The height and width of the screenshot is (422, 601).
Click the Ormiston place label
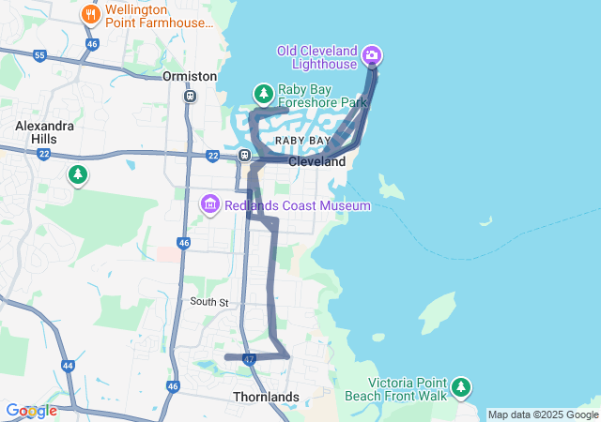(x=190, y=76)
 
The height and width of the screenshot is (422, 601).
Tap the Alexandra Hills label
(x=37, y=132)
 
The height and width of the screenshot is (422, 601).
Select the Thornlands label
(x=266, y=397)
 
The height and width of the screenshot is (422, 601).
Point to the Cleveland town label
(x=316, y=161)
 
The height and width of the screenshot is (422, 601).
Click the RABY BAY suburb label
(x=302, y=141)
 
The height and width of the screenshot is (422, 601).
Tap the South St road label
(x=208, y=302)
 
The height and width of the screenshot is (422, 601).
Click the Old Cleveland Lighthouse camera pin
(x=373, y=56)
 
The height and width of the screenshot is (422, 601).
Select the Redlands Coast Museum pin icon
(x=209, y=204)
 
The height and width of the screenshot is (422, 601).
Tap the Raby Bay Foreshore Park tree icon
(x=264, y=93)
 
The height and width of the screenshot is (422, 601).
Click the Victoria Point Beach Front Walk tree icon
(x=460, y=386)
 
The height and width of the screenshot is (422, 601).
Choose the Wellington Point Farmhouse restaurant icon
(x=91, y=14)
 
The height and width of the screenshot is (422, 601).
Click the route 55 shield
(x=39, y=56)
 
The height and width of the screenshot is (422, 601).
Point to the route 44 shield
(x=68, y=366)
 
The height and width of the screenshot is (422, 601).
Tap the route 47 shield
(x=249, y=359)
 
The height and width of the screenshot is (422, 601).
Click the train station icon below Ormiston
(x=191, y=95)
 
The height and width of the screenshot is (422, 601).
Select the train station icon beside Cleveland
(x=244, y=156)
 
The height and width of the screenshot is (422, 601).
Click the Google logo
(x=31, y=411)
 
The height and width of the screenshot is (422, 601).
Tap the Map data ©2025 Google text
(x=542, y=415)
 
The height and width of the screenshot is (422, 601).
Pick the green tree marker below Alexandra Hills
(x=78, y=174)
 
